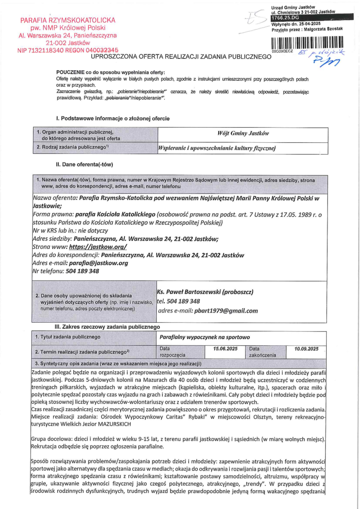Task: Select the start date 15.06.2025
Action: pyautogui.click(x=225, y=349)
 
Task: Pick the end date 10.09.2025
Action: pyautogui.click(x=306, y=349)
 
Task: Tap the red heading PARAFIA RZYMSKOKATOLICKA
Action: pyautogui.click(x=67, y=20)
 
